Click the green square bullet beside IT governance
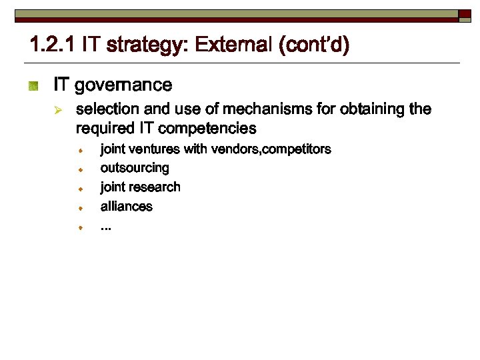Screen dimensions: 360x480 34,86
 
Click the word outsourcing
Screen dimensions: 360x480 135,168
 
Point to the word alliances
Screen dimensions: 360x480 127,207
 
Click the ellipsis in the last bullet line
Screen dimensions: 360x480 106,227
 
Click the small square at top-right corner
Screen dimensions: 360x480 465,14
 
